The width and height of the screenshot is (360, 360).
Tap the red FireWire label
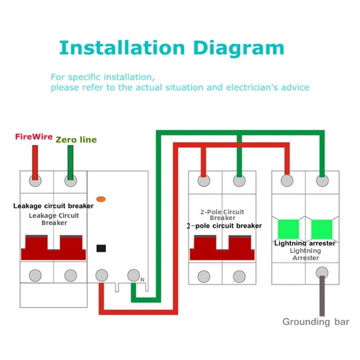[34, 137]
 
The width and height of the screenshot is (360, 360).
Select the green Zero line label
[76, 140]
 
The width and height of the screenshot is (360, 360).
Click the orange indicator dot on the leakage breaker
[101, 199]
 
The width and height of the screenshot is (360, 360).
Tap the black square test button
[101, 248]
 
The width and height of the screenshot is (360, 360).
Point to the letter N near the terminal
[142, 280]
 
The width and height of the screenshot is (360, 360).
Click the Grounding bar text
[316, 322]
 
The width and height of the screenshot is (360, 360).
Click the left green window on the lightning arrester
[288, 229]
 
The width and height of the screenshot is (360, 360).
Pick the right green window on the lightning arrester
[322, 229]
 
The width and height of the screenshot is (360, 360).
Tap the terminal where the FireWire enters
[35, 181]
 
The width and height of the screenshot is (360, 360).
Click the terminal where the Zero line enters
[70, 181]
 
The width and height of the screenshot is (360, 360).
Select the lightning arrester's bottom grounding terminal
[322, 273]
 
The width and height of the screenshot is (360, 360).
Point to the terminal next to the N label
[134, 275]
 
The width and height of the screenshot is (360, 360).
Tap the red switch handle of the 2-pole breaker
[222, 248]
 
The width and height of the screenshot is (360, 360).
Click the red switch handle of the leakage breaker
[54, 248]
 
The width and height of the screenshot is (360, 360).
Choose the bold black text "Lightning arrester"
[305, 243]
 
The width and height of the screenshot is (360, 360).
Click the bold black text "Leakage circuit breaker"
[54, 206]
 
